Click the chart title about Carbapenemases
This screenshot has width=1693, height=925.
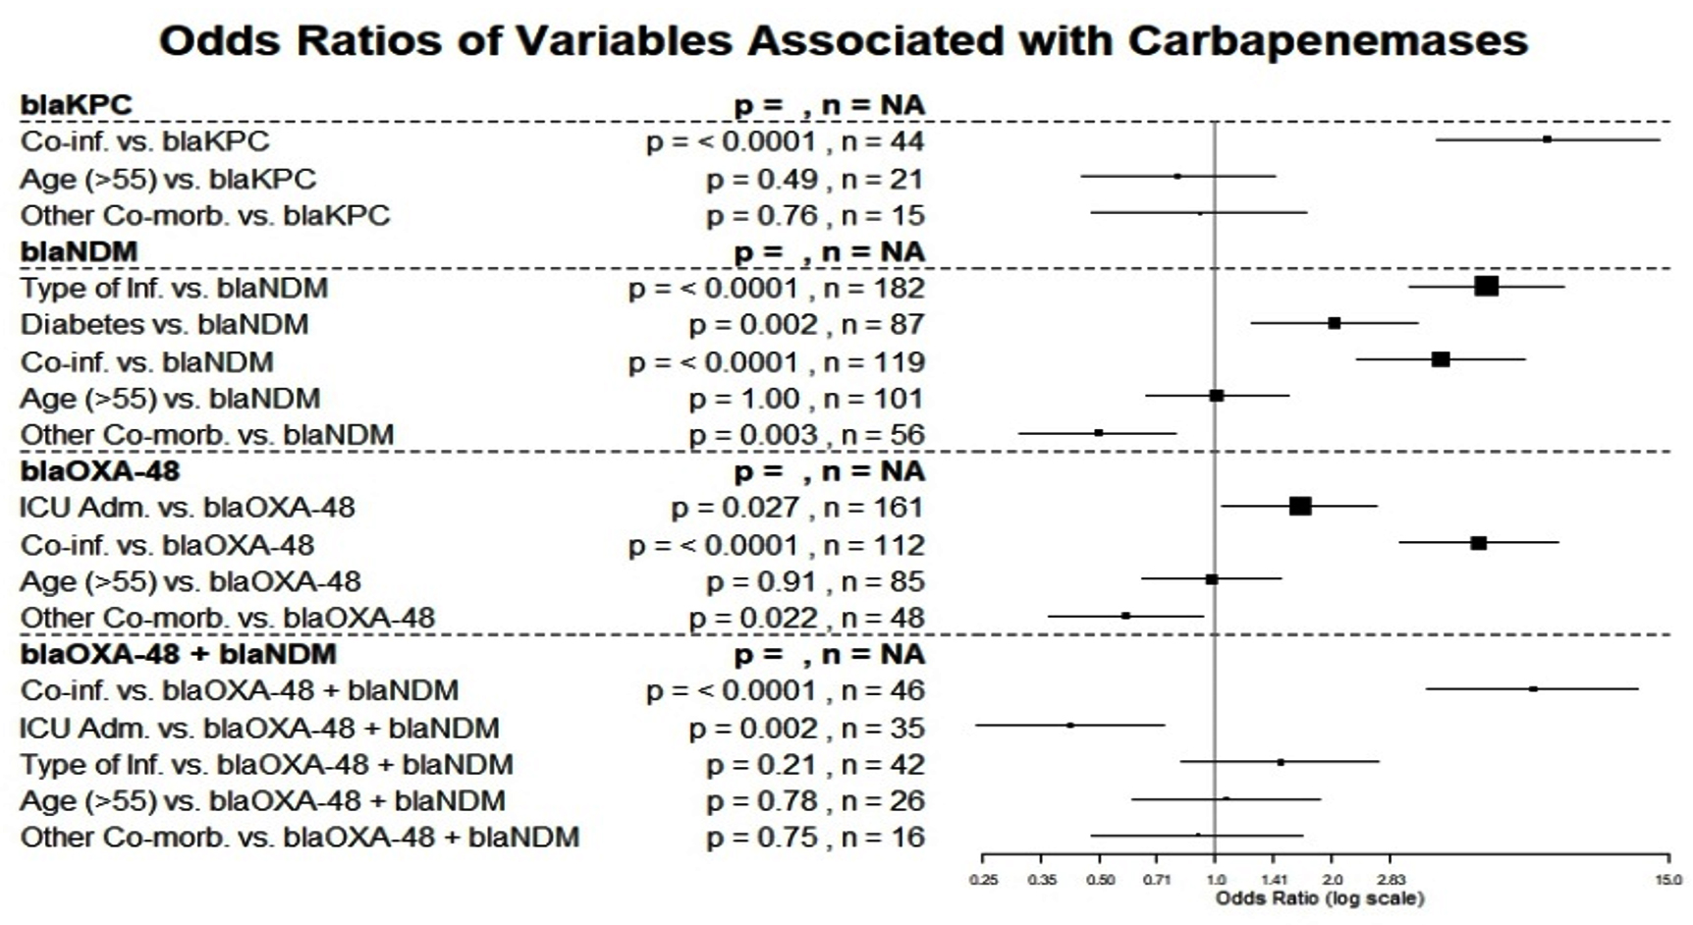tap(843, 41)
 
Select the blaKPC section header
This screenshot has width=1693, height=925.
tap(77, 105)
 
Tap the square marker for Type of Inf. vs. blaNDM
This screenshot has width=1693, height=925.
tap(1486, 287)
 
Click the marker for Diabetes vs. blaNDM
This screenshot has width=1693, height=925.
tap(1334, 323)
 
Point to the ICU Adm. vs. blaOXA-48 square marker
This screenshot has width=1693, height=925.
tap(1299, 507)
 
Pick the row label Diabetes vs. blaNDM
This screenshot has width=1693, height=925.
tap(164, 325)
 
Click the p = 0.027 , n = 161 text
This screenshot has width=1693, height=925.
tap(796, 508)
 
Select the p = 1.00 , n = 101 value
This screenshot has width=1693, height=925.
tap(805, 399)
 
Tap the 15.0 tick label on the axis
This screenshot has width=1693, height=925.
tap(1667, 880)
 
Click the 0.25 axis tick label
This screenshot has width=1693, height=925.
tap(983, 880)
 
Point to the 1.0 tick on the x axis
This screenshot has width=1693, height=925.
tap(1216, 880)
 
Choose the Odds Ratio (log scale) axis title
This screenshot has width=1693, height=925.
tap(1319, 898)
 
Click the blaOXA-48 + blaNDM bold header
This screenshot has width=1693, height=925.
tap(179, 655)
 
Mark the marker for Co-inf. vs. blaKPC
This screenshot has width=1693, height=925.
tap(1547, 139)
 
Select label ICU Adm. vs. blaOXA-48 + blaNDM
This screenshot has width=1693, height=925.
tap(259, 729)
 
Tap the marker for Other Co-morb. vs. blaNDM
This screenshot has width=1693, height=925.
tap(1098, 433)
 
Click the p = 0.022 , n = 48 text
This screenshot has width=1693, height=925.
tap(805, 618)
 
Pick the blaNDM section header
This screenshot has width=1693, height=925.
tap(80, 251)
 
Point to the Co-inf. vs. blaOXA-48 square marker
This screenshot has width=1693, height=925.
tap(1478, 543)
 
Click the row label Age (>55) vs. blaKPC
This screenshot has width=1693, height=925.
tap(168, 180)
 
